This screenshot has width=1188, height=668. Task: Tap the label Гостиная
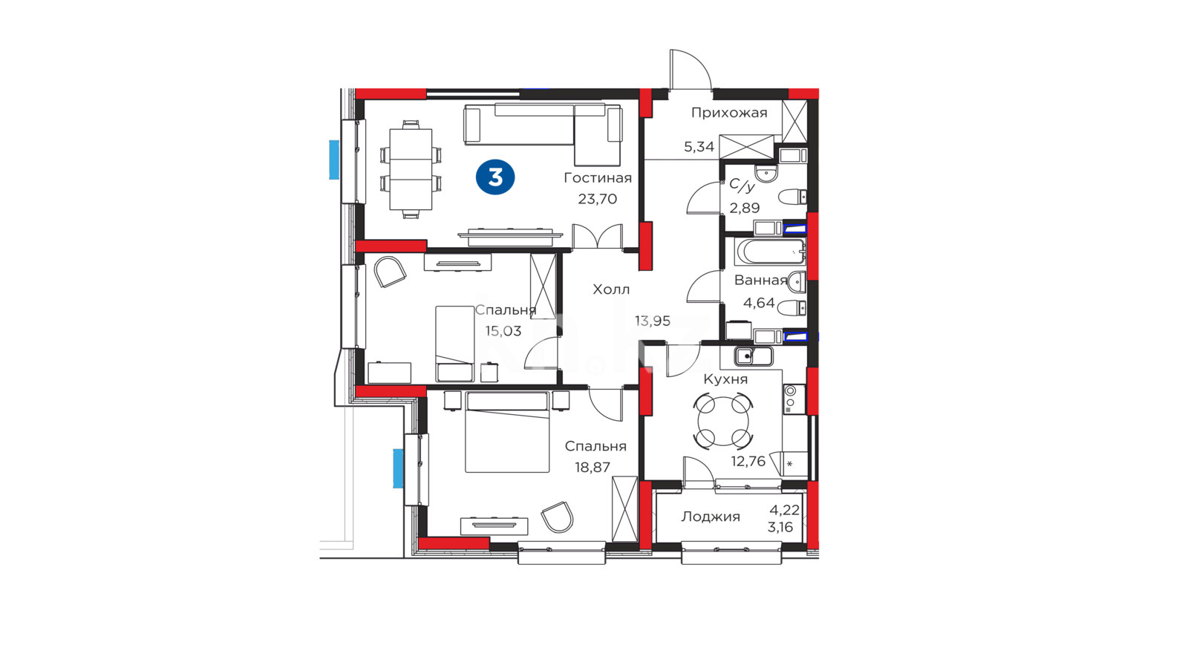tap(598, 178)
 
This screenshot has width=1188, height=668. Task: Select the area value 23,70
tap(597, 199)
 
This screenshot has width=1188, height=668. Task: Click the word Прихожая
tap(729, 112)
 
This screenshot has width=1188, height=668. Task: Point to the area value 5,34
tap(699, 147)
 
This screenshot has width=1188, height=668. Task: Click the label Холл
tap(611, 289)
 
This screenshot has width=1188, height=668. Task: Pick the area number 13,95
tap(653, 321)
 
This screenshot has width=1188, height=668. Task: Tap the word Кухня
tap(725, 379)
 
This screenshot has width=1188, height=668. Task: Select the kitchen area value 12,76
tap(748, 461)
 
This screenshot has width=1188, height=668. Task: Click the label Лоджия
tap(711, 517)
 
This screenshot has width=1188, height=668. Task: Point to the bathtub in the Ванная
tap(770, 252)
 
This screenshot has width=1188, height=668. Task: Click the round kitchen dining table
tap(723, 422)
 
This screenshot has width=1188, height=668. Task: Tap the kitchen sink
tap(754, 356)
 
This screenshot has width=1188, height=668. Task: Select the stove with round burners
tap(794, 399)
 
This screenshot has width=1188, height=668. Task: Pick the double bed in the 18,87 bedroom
tap(507, 432)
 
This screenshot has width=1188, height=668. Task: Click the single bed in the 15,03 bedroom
tap(454, 344)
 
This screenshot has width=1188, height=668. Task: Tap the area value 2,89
tap(745, 208)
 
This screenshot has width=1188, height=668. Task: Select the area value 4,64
tap(759, 303)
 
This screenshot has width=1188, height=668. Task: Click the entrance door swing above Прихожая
tap(690, 70)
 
